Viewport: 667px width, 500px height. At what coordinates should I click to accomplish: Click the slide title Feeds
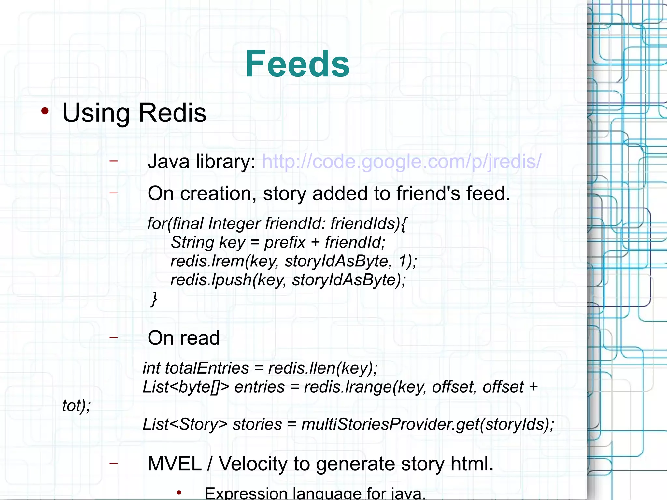[297, 64]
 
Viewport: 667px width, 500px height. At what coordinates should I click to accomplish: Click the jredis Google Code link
[401, 162]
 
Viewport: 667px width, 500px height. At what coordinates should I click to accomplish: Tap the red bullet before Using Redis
[45, 111]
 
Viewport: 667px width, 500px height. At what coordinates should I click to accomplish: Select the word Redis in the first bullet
[172, 113]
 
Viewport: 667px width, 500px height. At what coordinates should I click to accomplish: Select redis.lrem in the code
[207, 261]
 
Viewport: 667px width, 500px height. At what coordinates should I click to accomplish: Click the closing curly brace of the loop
[154, 299]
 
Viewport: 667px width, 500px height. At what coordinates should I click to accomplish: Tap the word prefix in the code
[285, 242]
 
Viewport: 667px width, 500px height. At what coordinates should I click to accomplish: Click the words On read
[183, 338]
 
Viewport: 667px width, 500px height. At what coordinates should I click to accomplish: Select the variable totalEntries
[207, 368]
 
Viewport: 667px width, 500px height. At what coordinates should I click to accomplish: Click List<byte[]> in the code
[186, 387]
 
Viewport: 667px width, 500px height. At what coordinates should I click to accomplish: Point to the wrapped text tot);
[76, 406]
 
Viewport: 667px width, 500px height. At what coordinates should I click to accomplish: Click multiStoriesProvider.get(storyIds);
[427, 424]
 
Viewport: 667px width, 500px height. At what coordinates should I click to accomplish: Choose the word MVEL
[175, 464]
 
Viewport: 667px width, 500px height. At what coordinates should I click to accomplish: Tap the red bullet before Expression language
[179, 493]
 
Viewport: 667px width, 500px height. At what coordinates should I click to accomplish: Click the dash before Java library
[113, 161]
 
